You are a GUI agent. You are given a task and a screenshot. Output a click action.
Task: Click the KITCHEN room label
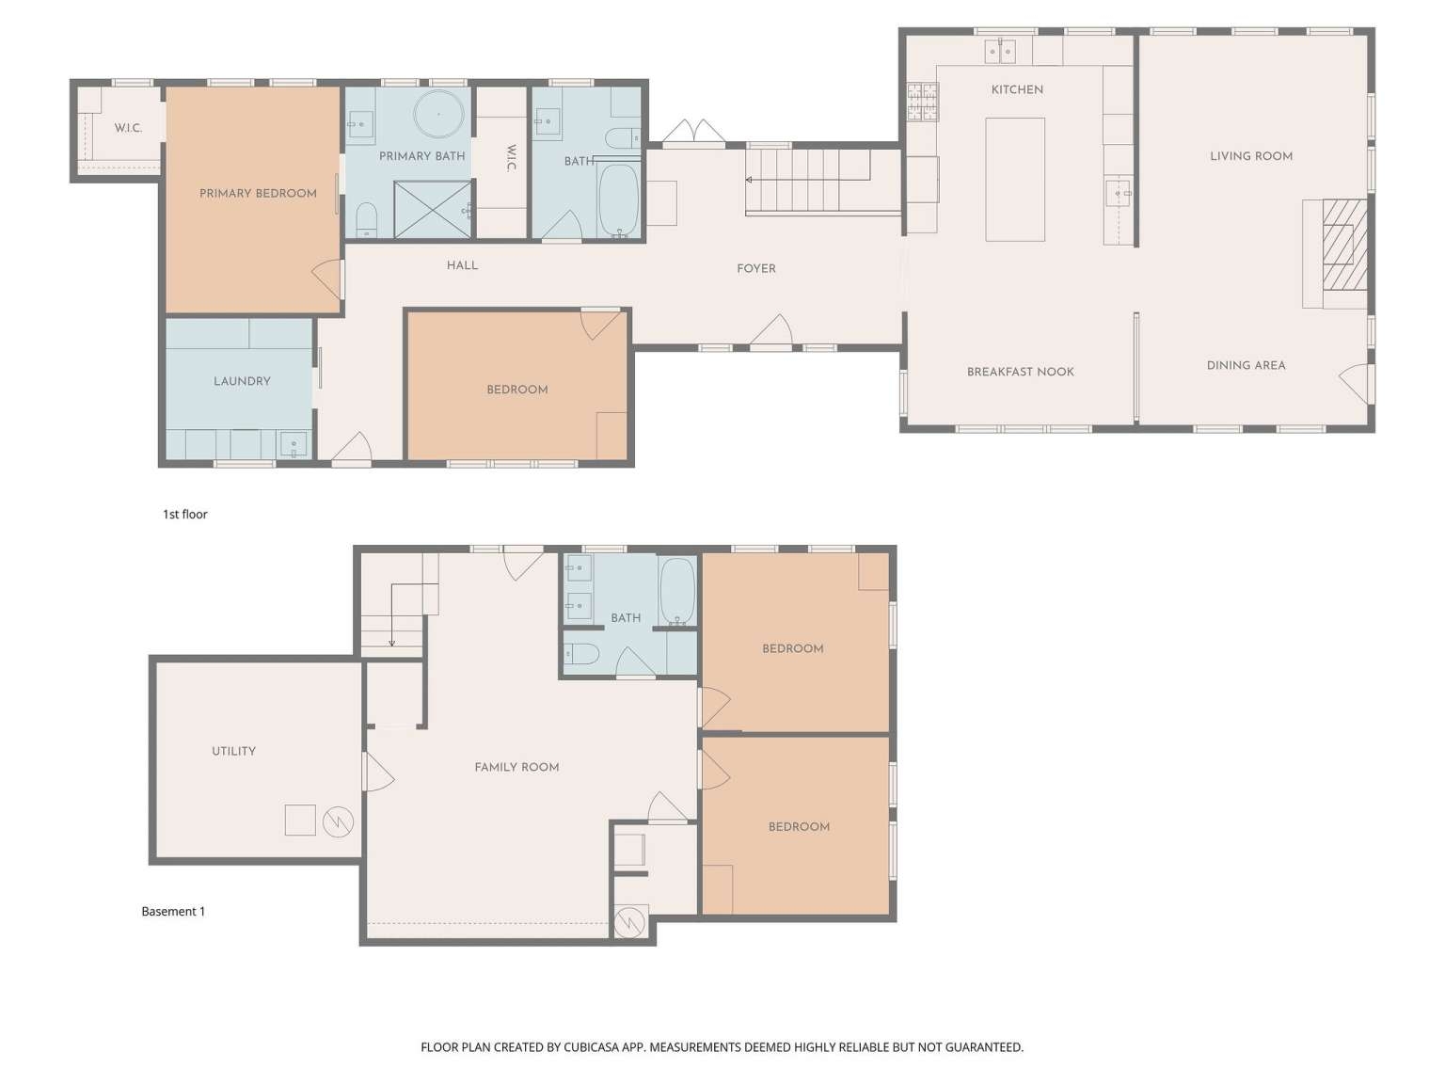pyautogui.click(x=1016, y=89)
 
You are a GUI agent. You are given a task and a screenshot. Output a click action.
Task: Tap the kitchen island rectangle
pyautogui.click(x=1014, y=180)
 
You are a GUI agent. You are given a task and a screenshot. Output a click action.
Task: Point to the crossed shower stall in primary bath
pyautogui.click(x=433, y=209)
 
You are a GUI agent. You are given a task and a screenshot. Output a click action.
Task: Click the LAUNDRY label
pyautogui.click(x=242, y=381)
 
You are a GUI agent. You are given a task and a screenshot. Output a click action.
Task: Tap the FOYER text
pyautogui.click(x=755, y=268)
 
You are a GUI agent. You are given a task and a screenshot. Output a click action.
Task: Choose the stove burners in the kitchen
pyautogui.click(x=922, y=102)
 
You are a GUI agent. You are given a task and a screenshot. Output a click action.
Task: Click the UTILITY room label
pyautogui.click(x=233, y=751)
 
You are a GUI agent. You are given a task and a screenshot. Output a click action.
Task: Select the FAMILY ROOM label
pyautogui.click(x=516, y=767)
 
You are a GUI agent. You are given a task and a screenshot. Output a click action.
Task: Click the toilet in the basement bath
pyautogui.click(x=582, y=654)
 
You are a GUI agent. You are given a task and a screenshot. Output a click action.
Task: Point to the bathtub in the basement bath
pyautogui.click(x=677, y=591)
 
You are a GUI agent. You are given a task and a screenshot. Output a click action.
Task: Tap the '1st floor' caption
pyautogui.click(x=185, y=514)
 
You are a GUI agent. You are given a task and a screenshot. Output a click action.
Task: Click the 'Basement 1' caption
pyautogui.click(x=173, y=911)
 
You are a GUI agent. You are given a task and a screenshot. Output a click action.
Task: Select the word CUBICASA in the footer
pyautogui.click(x=592, y=1046)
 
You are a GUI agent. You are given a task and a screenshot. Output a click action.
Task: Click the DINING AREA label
pyautogui.click(x=1246, y=365)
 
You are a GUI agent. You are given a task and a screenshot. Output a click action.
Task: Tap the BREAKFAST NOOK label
pyautogui.click(x=1020, y=372)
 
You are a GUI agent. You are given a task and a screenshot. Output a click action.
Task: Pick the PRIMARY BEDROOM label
pyautogui.click(x=258, y=194)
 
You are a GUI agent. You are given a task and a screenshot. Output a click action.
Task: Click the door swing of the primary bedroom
pyautogui.click(x=327, y=279)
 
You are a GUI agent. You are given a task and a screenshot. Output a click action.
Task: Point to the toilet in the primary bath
pyautogui.click(x=366, y=219)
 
